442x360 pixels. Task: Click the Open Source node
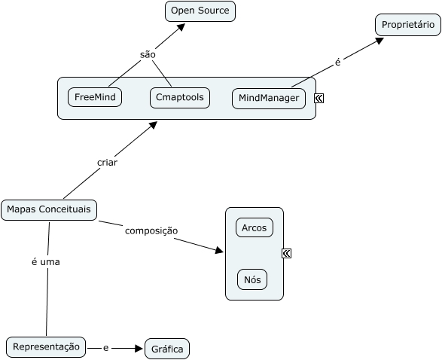pos(200,11)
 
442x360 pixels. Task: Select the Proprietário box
pos(408,25)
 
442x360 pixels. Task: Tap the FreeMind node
pos(95,97)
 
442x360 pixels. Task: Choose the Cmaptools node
pos(180,98)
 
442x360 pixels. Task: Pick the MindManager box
pos(269,99)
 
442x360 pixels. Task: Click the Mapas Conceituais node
pos(49,210)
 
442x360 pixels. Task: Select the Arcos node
pos(255,227)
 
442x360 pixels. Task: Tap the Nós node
pos(252,279)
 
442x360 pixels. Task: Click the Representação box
pos(46,347)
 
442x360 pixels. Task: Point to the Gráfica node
pos(167,349)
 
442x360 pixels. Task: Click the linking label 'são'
pos(148,55)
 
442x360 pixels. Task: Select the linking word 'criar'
pos(107,163)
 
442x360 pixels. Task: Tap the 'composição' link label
pos(151,231)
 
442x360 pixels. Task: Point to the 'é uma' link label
pos(46,262)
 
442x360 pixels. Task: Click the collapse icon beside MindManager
pos(319,98)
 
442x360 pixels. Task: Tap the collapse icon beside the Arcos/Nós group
pos(286,254)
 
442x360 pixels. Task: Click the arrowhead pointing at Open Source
pos(181,27)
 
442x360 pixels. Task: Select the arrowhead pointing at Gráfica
pos(139,349)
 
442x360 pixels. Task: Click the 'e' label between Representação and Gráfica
pos(105,348)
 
